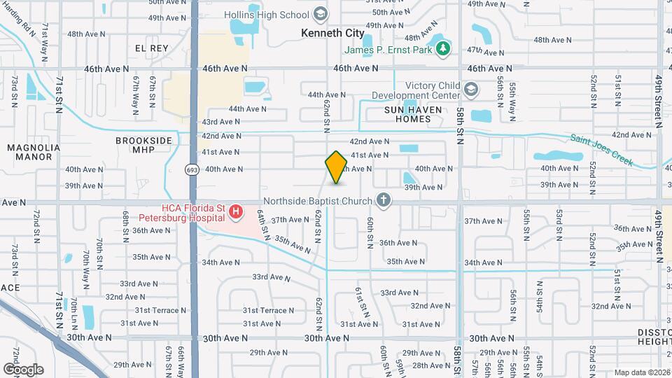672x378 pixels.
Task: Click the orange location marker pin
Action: (x=336, y=167)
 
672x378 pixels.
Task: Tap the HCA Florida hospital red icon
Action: (x=237, y=211)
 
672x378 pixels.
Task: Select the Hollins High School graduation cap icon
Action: (x=321, y=14)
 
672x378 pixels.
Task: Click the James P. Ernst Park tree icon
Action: (x=442, y=49)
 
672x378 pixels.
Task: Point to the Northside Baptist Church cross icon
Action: (x=383, y=202)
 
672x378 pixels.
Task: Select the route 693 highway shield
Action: (x=191, y=169)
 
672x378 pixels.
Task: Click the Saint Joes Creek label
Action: (x=601, y=150)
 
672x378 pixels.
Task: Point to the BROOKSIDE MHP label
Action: (x=143, y=145)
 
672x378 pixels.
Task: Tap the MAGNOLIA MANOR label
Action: (x=29, y=152)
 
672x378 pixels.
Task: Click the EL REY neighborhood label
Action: (x=152, y=48)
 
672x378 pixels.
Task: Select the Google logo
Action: (x=23, y=369)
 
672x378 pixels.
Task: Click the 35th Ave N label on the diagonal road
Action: (x=292, y=244)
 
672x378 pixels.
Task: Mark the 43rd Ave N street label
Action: (x=220, y=121)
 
